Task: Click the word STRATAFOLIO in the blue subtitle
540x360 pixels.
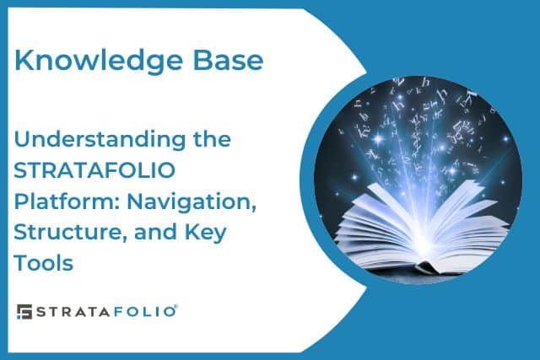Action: pyautogui.click(x=95, y=169)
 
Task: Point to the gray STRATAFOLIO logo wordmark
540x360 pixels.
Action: pyautogui.click(x=104, y=311)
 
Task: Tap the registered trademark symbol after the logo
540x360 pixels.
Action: pyautogui.click(x=175, y=307)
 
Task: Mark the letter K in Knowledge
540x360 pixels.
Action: pyautogui.click(x=25, y=61)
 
